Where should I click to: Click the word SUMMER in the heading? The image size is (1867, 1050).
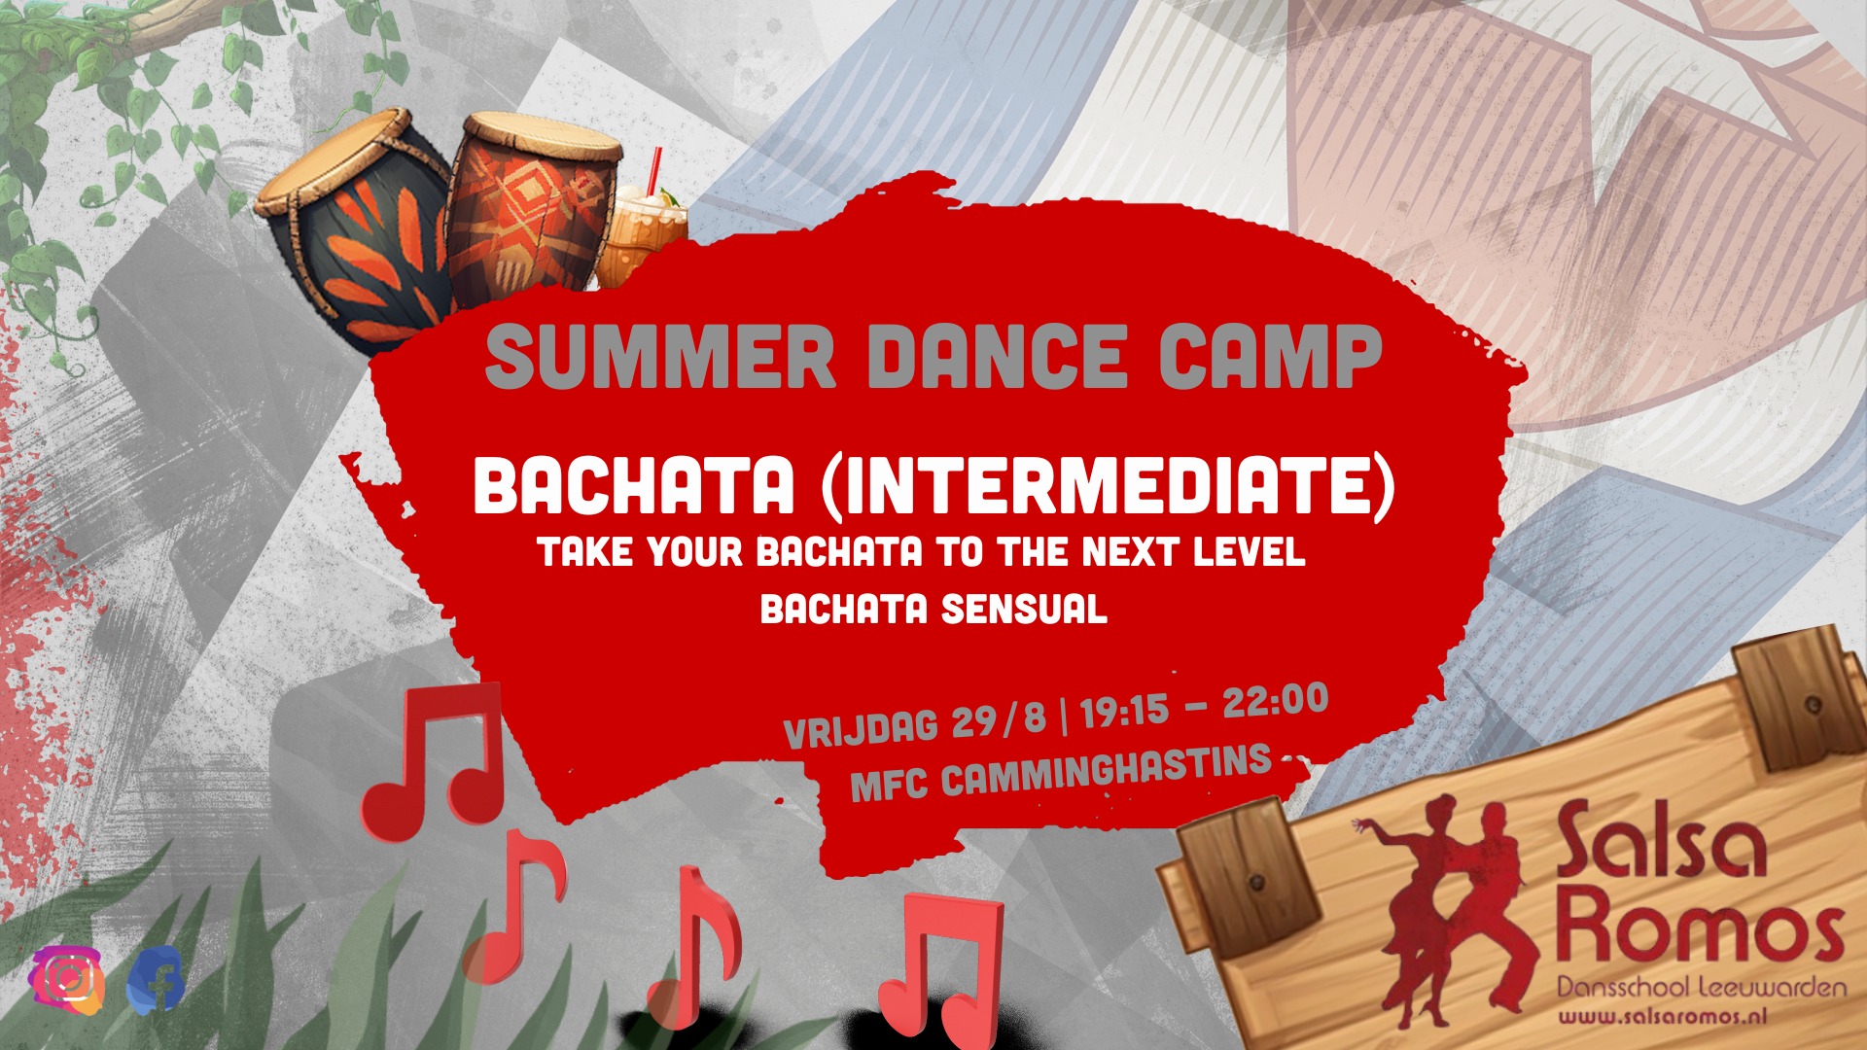pos(660,357)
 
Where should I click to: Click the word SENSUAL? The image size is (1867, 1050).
pos(1025,610)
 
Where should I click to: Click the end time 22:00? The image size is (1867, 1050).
pos(1275,700)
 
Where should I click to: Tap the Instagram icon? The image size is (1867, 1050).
pos(67,978)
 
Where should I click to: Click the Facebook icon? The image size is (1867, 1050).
pos(156,979)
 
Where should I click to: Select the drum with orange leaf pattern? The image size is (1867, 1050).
pos(354,229)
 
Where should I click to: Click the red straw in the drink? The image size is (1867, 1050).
pos(653,169)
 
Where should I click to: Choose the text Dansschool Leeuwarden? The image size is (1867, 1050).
pos(1701,988)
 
